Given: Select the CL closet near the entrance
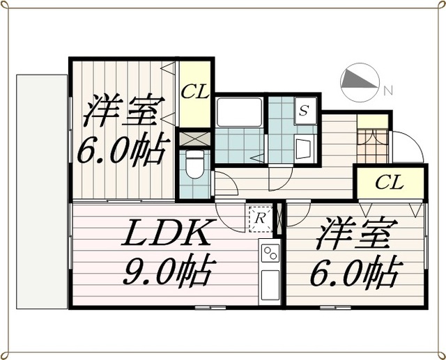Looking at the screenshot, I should (389, 183).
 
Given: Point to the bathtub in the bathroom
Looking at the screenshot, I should (239, 113).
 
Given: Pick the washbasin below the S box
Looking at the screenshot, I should (305, 148).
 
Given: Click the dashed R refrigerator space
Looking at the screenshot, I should (259, 218).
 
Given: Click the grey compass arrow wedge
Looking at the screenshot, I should (358, 82).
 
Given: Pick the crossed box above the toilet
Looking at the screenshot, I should (195, 138).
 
